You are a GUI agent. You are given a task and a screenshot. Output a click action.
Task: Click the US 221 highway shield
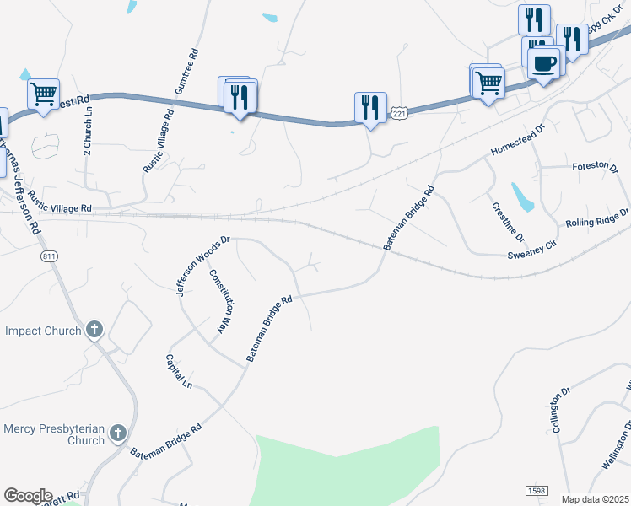(400, 112)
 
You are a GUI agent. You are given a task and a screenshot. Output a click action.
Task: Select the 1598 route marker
(536, 491)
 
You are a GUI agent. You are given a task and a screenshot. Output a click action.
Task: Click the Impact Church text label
(43, 331)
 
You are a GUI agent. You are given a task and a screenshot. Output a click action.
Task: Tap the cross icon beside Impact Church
(94, 329)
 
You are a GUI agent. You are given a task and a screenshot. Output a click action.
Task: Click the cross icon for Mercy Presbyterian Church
(118, 433)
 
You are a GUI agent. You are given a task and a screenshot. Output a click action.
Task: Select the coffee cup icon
(544, 62)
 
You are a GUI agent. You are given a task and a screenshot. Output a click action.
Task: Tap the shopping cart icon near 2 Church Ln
(43, 92)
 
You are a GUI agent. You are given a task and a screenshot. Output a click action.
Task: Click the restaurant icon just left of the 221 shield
(370, 106)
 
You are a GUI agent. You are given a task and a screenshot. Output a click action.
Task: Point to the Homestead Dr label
(519, 140)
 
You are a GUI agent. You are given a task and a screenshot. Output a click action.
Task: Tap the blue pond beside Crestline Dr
(522, 196)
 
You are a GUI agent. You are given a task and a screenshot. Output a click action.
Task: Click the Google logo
(28, 496)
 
